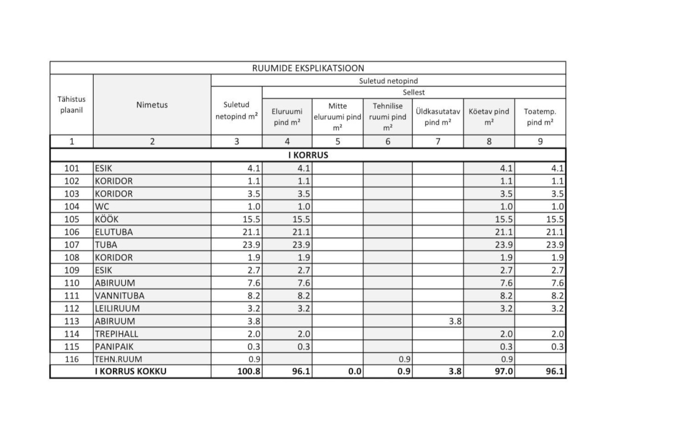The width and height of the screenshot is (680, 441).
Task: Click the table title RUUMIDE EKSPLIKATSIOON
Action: pyautogui.click(x=308, y=68)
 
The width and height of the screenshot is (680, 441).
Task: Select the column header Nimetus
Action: pyautogui.click(x=152, y=105)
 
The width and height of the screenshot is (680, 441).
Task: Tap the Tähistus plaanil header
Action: pyautogui.click(x=72, y=105)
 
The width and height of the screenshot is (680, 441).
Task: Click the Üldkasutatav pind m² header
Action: pyautogui.click(x=438, y=117)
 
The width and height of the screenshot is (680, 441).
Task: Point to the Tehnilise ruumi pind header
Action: pyautogui.click(x=388, y=117)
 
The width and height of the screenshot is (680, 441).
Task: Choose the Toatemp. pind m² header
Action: pyautogui.click(x=540, y=117)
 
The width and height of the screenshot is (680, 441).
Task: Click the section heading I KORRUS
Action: pyautogui.click(x=308, y=155)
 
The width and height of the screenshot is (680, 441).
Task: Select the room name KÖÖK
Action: pyautogui.click(x=107, y=219)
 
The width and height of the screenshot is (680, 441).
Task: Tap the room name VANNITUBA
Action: pyautogui.click(x=120, y=295)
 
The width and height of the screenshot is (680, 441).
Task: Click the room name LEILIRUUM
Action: pyautogui.click(x=117, y=308)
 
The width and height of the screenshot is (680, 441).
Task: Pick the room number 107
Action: pyautogui.click(x=72, y=245)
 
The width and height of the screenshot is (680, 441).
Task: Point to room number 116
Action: pyautogui.click(x=72, y=359)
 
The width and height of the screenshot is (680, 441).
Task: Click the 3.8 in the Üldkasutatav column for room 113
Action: pyautogui.click(x=455, y=321)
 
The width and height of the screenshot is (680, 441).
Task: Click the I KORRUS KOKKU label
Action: pyautogui.click(x=131, y=372)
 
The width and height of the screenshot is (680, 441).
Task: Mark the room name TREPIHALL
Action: pyautogui.click(x=116, y=334)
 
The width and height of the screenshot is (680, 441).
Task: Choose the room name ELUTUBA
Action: pyautogui.click(x=114, y=232)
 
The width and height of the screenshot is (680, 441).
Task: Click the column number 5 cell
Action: pyautogui.click(x=338, y=141)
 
